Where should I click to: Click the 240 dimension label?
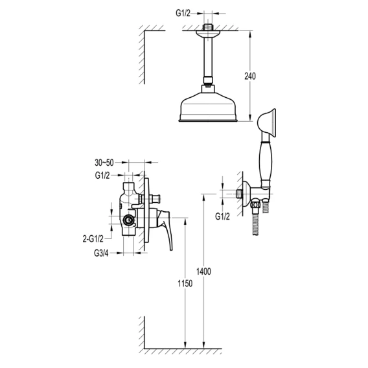click(x=250, y=76)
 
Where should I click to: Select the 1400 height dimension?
click(x=203, y=271)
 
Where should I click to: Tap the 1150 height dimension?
click(x=185, y=284)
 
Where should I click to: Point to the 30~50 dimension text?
click(x=104, y=163)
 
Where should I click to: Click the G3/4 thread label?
click(x=101, y=253)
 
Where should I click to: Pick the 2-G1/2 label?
click(x=93, y=239)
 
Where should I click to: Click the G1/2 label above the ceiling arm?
click(x=183, y=14)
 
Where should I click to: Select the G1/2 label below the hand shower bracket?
click(x=222, y=216)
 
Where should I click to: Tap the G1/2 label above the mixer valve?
click(x=102, y=176)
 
